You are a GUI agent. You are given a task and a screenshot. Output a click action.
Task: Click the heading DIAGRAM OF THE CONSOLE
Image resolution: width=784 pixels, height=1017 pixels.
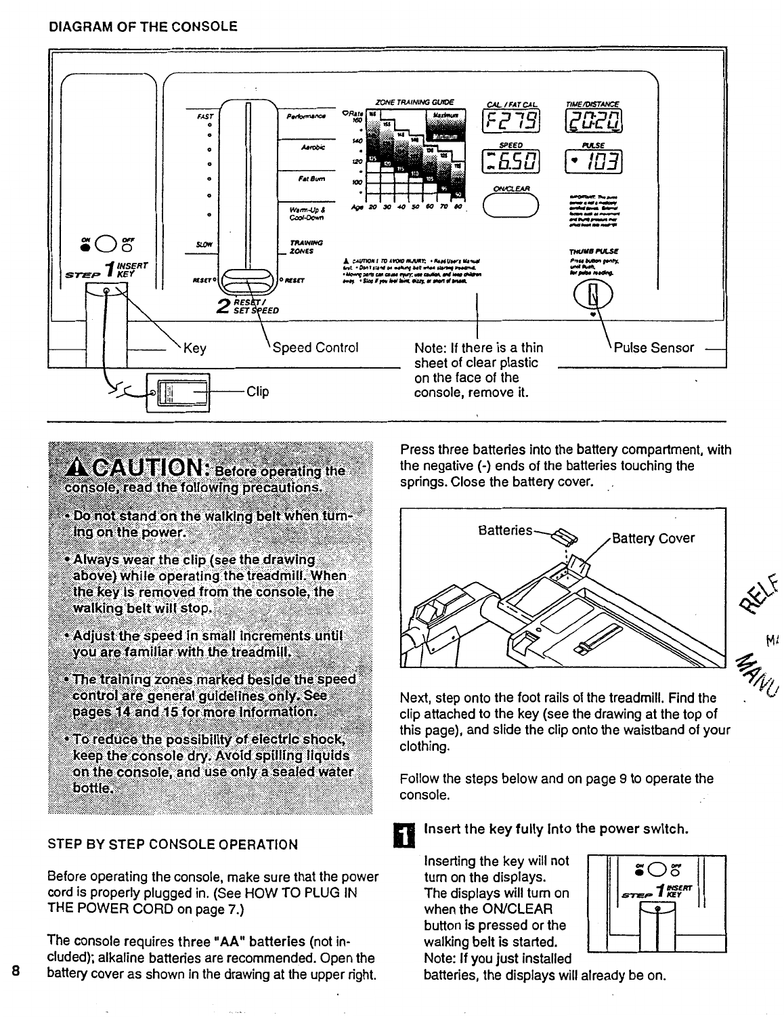143,27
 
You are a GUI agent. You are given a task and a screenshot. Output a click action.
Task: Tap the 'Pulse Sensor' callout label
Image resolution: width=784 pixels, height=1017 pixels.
653,348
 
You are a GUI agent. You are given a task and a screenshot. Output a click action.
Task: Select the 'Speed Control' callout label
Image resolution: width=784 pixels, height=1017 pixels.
315,348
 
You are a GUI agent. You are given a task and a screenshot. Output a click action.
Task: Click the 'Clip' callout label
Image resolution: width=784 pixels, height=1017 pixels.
257,392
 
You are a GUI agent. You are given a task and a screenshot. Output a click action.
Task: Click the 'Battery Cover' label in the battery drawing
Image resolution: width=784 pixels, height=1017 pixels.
653,539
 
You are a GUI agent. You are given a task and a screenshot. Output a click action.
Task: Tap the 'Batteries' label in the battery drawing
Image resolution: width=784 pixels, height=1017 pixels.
504,531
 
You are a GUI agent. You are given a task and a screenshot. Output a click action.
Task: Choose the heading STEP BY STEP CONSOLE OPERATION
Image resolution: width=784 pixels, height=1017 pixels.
173,844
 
